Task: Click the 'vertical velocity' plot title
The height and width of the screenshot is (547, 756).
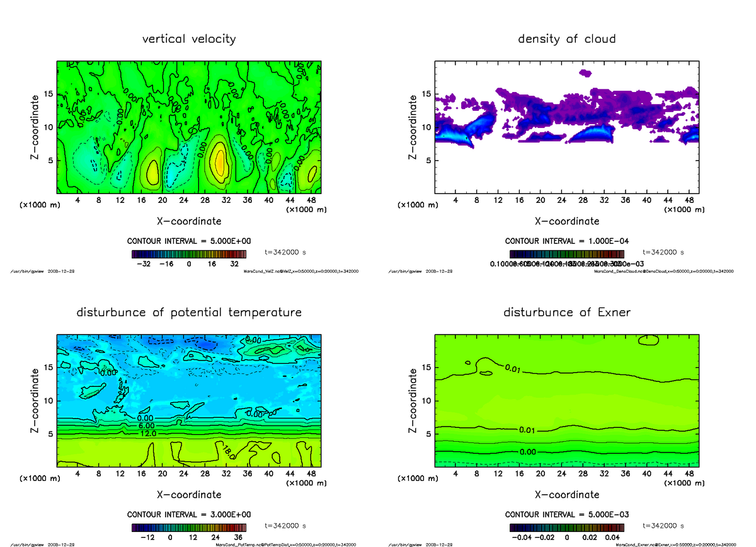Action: [189, 39]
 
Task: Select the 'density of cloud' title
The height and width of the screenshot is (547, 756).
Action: [566, 39]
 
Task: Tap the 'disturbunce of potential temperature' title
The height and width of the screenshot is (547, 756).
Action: [189, 313]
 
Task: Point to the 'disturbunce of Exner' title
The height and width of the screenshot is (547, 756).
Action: [566, 313]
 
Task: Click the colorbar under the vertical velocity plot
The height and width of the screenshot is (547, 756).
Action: [188, 254]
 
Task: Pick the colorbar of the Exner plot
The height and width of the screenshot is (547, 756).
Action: [566, 527]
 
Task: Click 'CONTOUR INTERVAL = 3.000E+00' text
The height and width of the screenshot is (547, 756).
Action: [188, 514]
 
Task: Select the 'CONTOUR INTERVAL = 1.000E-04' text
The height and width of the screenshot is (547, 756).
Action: [566, 241]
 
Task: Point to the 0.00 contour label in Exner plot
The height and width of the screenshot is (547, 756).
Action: [529, 452]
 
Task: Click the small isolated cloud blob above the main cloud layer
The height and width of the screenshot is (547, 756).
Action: [585, 73]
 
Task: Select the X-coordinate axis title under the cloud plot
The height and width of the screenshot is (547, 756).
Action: [566, 221]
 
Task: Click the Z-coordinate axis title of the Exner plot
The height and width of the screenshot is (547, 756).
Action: [413, 401]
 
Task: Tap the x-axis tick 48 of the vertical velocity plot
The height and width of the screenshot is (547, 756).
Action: [311, 200]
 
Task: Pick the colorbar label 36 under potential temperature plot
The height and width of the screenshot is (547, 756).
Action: [238, 538]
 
